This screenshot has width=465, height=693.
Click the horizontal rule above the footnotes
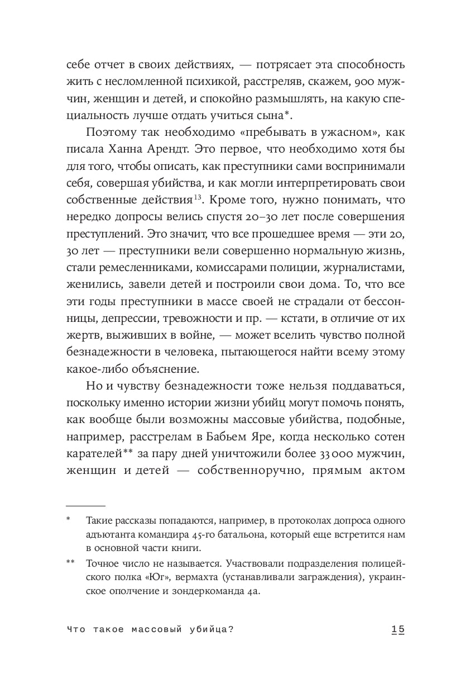[x=85, y=504]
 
